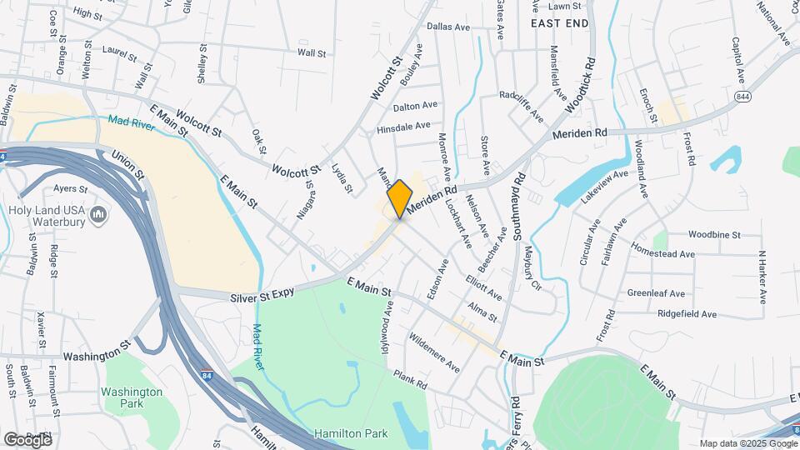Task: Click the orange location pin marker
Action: [400, 198]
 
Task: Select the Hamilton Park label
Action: [351, 434]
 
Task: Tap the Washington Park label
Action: [132, 397]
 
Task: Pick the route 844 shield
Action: [742, 97]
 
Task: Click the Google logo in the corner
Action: [27, 439]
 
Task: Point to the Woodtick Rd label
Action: [582, 86]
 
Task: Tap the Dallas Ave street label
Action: [448, 27]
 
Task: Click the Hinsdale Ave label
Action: [403, 127]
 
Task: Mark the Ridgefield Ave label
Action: [687, 314]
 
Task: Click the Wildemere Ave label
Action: [434, 352]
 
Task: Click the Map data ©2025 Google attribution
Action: [746, 442]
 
